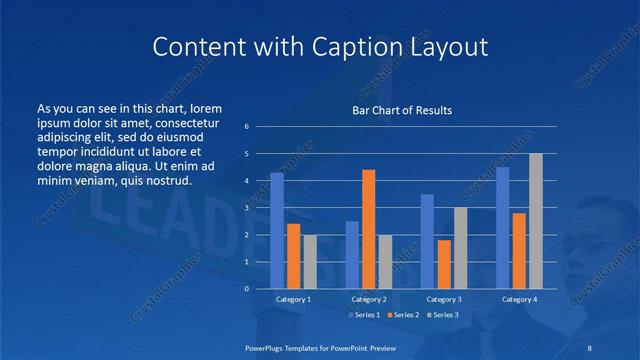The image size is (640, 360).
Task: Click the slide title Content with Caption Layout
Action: tap(320, 46)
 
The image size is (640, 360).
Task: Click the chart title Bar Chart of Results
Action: tap(401, 110)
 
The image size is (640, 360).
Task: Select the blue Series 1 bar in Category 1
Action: tap(277, 231)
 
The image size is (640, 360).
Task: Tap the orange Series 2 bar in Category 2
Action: tap(368, 229)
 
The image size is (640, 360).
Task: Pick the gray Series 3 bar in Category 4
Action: tap(536, 221)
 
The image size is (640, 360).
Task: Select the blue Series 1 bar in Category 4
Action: tap(502, 228)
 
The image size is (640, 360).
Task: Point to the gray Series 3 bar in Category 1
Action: tap(310, 262)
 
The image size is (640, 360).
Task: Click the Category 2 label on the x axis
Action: tap(369, 299)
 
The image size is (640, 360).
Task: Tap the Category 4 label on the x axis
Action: tap(519, 299)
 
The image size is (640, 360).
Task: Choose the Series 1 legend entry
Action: tap(366, 315)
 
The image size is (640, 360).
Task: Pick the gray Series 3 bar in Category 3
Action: tap(461, 248)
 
